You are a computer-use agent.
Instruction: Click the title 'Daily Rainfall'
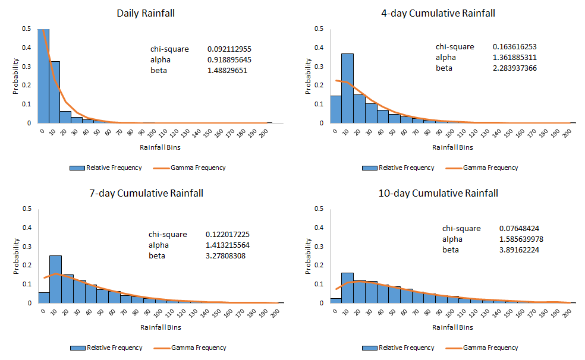point(145,13)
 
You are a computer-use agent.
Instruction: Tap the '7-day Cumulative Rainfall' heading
point(146,193)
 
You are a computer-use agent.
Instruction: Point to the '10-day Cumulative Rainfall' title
point(438,193)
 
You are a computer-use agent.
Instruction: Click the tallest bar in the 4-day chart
point(347,89)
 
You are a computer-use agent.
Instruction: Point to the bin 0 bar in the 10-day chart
point(335,300)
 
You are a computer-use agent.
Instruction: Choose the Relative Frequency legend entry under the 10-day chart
point(402,348)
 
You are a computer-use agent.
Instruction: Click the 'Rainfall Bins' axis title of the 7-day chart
point(161,327)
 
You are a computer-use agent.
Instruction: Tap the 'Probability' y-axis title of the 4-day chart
point(308,76)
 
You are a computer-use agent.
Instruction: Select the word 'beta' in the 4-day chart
point(444,68)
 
